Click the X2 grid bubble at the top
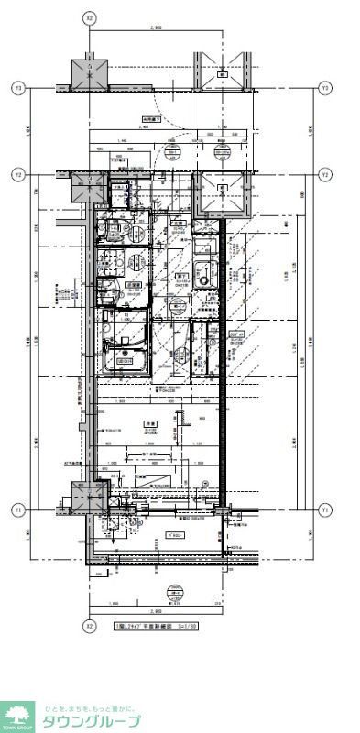tap(89, 17)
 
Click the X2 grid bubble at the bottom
tap(89, 627)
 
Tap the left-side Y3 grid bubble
tap(17, 88)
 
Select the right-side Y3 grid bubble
tap(324, 88)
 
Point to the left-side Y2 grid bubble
tap(17, 173)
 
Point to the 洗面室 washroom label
tap(134, 285)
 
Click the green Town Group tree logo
tap(17, 715)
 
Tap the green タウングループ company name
tap(91, 721)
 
